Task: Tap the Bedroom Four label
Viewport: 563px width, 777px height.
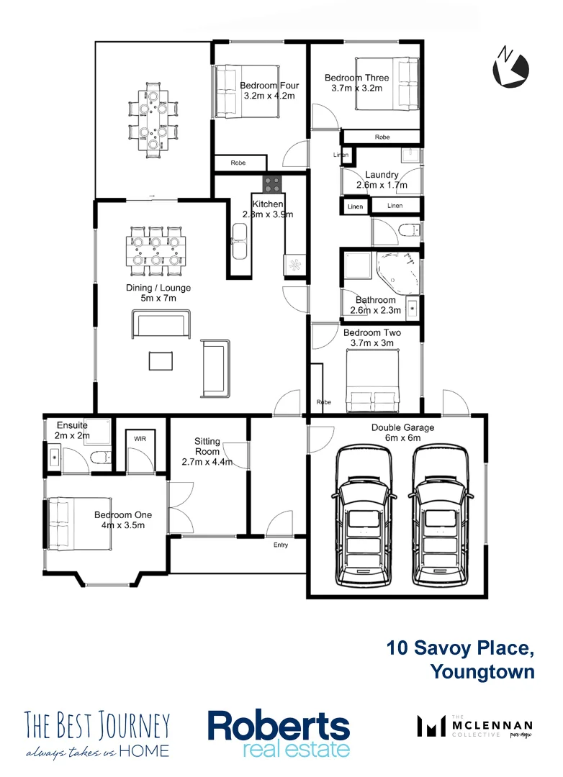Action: [269, 86]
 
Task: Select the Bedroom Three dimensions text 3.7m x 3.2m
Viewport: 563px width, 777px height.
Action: [356, 88]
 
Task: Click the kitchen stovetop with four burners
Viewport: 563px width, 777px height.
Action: [271, 184]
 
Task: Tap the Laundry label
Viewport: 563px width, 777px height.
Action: [382, 175]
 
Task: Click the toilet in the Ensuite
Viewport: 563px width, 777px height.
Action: [101, 455]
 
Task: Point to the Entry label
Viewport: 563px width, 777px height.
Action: [281, 545]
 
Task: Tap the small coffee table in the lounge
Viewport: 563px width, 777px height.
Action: [161, 360]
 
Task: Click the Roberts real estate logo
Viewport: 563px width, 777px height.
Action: [279, 734]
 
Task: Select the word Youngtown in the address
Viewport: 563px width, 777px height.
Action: [482, 672]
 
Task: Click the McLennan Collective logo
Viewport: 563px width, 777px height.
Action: [475, 726]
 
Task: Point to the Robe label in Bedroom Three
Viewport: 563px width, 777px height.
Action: [382, 137]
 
